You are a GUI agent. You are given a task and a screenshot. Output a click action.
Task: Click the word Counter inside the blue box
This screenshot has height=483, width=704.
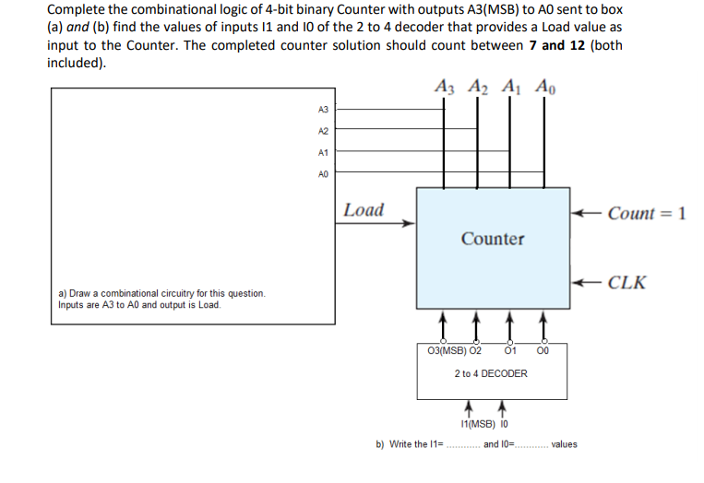[493, 239]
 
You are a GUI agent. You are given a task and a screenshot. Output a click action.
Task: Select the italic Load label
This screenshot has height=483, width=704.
[363, 209]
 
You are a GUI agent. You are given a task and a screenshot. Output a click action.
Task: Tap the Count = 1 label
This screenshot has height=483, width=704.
[647, 213]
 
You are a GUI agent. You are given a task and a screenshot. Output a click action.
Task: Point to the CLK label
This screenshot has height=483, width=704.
[627, 282]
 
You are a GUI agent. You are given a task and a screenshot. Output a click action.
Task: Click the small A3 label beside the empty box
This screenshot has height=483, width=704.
[322, 110]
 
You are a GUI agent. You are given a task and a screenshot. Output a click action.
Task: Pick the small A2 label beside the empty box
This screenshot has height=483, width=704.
[322, 131]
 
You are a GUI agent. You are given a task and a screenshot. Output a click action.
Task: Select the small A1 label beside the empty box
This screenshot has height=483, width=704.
[322, 152]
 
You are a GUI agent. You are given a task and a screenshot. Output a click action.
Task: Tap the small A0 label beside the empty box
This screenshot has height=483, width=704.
[322, 173]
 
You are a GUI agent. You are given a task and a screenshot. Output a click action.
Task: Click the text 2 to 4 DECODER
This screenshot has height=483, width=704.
[491, 373]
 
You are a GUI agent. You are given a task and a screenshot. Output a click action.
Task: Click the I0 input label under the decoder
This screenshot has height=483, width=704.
[503, 424]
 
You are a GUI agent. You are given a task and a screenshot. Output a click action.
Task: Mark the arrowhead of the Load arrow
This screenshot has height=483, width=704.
[412, 222]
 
